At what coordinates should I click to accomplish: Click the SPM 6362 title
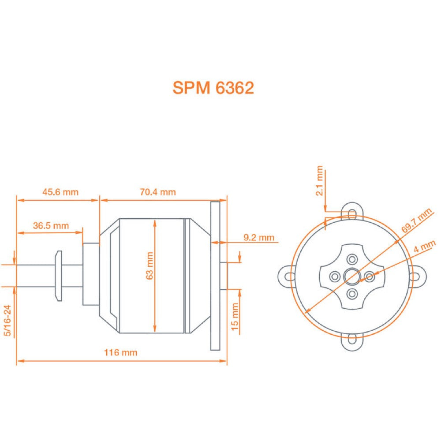click(213, 88)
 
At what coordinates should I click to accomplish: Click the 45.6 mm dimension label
click(60, 192)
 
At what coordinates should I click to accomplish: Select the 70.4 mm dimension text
click(158, 192)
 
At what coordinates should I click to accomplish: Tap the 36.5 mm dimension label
click(51, 225)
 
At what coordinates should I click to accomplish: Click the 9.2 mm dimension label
click(259, 238)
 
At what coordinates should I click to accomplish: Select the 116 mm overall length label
click(120, 352)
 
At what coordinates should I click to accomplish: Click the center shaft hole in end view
click(352, 277)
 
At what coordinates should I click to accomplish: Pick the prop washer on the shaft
click(58, 276)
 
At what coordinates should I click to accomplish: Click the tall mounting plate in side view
click(215, 276)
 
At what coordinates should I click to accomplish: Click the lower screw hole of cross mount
click(352, 294)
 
